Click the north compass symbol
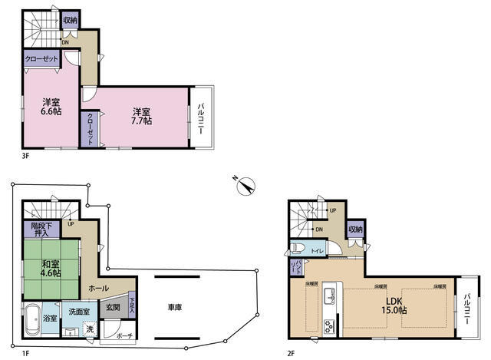tap(245, 184)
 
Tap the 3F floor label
tap(25, 156)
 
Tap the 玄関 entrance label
tap(113, 308)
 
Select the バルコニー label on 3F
tap(201, 119)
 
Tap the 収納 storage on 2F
tap(355, 229)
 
